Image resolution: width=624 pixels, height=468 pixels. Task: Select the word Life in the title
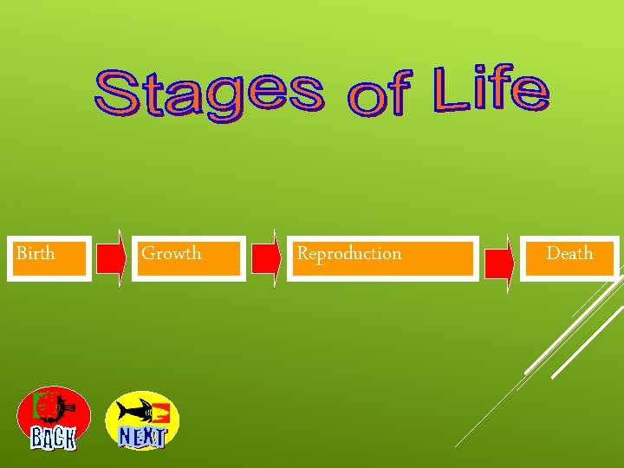[491, 91]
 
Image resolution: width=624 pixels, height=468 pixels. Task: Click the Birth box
[49, 257]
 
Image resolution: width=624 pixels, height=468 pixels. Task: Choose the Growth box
[188, 257]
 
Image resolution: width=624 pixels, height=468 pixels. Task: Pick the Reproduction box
[382, 257]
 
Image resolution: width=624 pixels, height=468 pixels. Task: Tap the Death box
[569, 257]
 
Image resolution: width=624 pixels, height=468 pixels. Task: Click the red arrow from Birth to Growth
[111, 257]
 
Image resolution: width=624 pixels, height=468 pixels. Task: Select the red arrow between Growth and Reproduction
[266, 257]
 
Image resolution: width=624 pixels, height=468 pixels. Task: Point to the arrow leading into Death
[498, 261]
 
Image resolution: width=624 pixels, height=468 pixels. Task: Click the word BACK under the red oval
[54, 439]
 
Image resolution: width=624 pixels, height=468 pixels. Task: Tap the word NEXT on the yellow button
[142, 437]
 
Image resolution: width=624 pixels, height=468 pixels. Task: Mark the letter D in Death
[552, 254]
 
